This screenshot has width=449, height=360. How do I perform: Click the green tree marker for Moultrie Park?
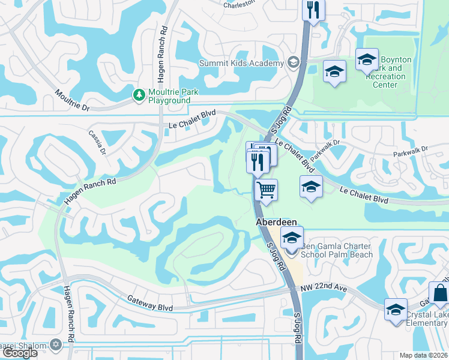139,95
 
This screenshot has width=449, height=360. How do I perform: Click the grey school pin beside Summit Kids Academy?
293,62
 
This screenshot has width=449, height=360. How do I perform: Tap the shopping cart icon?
266,190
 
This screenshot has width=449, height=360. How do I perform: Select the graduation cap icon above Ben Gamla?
292,237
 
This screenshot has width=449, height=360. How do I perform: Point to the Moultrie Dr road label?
71,100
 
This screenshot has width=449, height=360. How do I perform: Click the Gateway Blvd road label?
150,303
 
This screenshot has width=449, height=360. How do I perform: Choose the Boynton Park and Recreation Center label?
389,73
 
